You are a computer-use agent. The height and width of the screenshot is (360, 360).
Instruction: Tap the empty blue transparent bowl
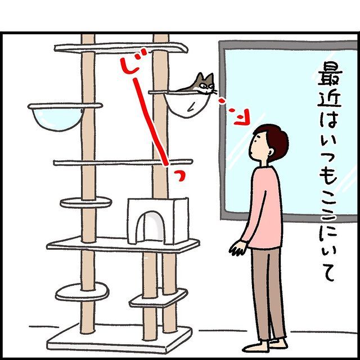click(58, 119)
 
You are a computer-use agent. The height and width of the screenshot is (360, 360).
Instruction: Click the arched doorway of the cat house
click(150, 227)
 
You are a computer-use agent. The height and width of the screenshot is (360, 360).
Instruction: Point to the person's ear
click(271, 152)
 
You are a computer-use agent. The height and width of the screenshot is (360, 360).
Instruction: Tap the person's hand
click(238, 248)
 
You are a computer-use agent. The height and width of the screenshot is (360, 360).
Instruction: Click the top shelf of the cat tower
click(121, 48)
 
